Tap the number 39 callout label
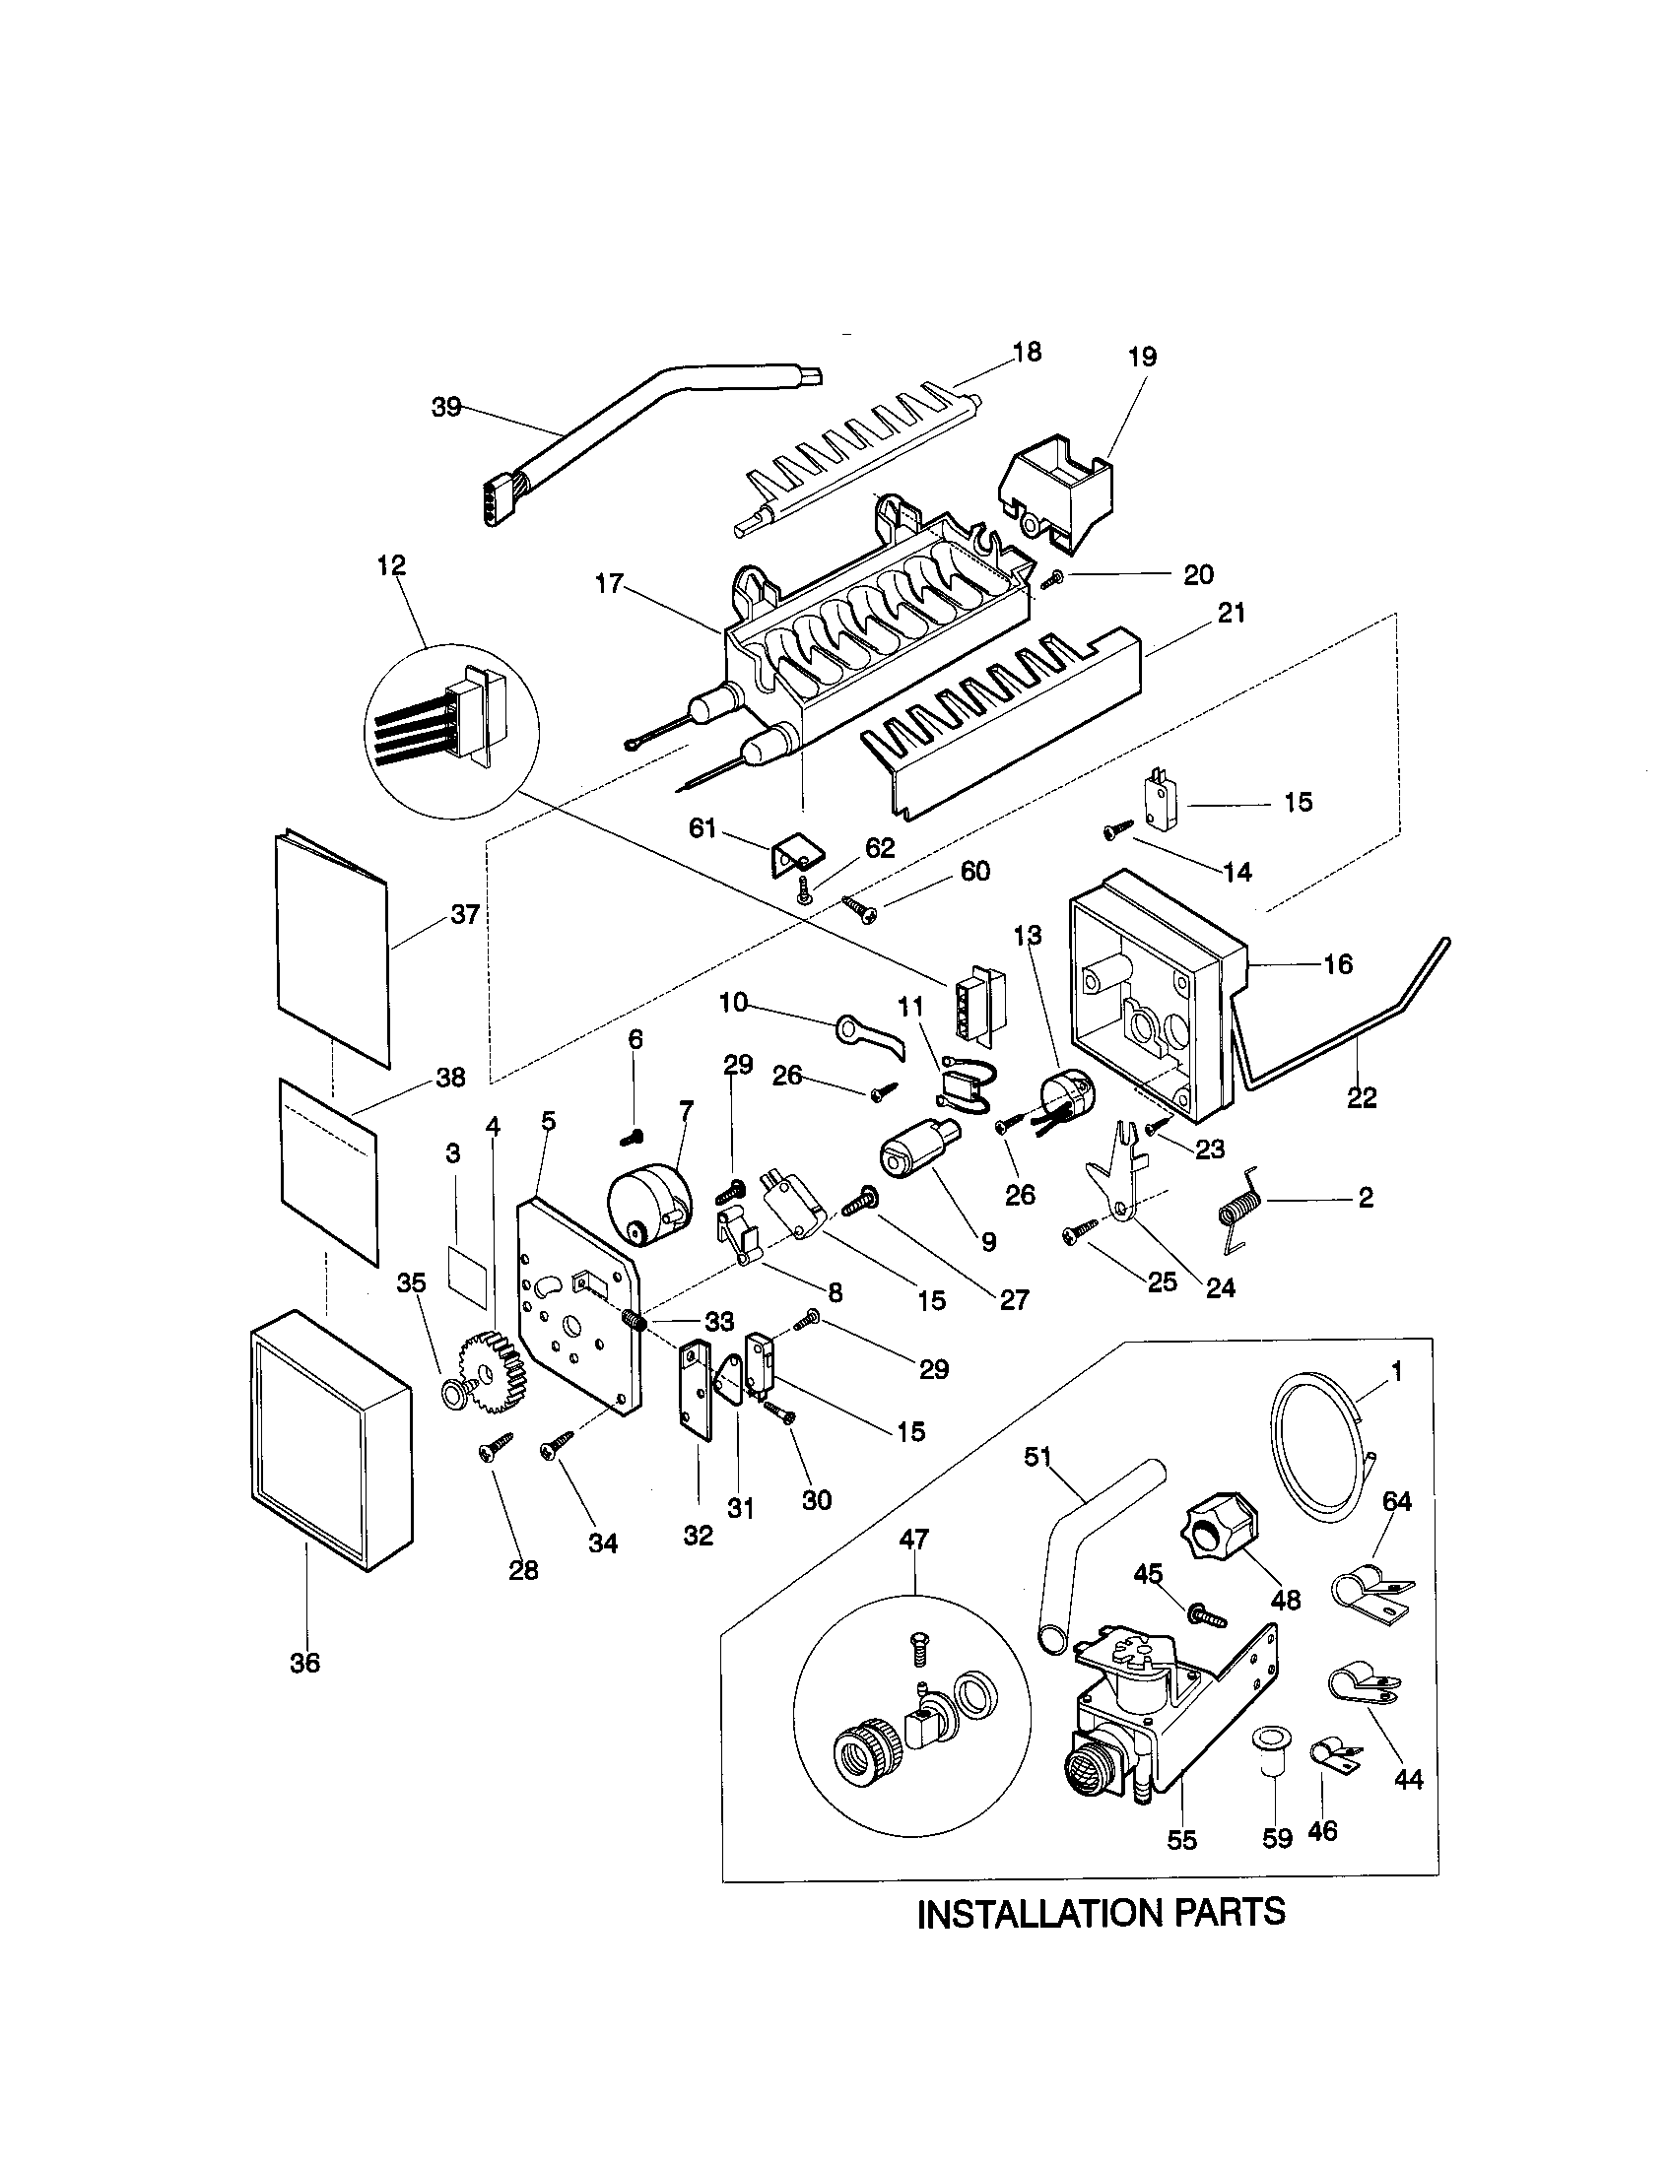(446, 407)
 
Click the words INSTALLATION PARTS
(1102, 1912)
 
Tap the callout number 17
(608, 584)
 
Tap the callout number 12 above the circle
(392, 565)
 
